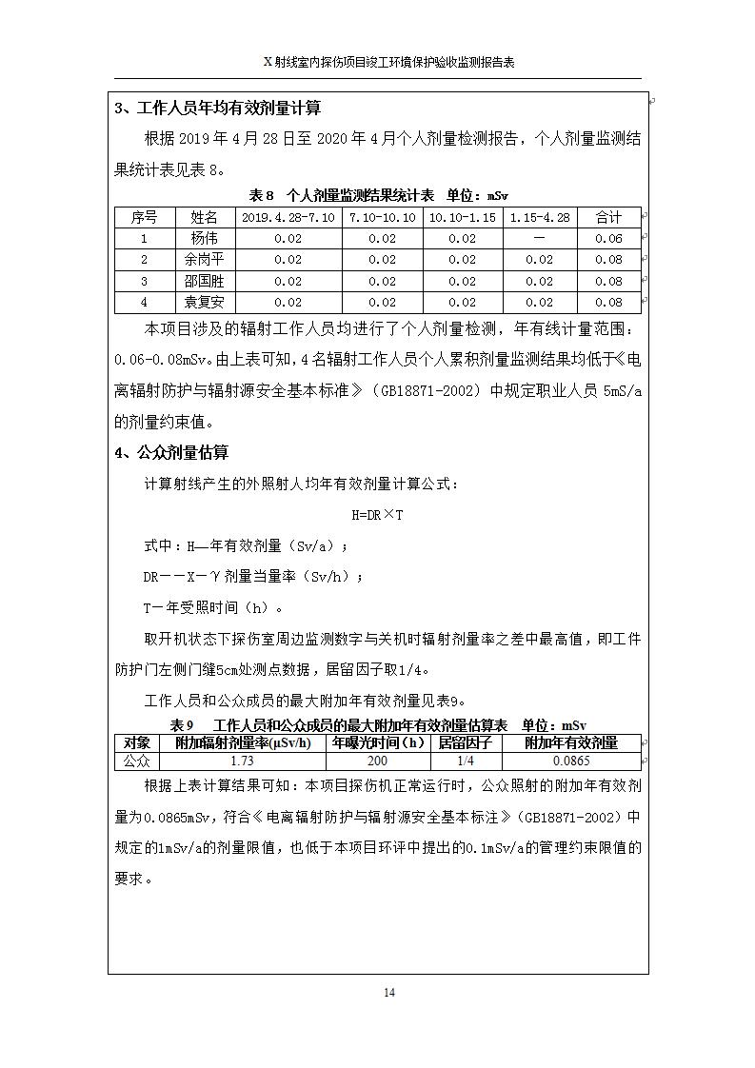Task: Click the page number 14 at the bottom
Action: point(388,993)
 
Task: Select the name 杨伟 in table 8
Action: point(204,239)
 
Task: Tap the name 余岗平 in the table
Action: point(204,260)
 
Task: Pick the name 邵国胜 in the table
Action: point(204,281)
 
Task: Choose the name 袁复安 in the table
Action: point(204,302)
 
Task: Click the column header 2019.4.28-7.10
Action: point(288,218)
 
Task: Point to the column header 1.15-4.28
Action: point(539,218)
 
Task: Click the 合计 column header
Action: point(608,218)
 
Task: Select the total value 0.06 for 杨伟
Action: point(608,239)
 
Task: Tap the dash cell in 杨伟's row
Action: point(539,239)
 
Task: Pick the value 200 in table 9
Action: point(377,761)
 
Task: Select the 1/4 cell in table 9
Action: point(465,761)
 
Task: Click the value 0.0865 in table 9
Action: point(571,761)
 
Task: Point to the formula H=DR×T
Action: point(377,515)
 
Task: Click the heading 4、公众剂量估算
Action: point(171,453)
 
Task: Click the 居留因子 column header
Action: point(465,743)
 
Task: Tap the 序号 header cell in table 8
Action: point(145,218)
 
